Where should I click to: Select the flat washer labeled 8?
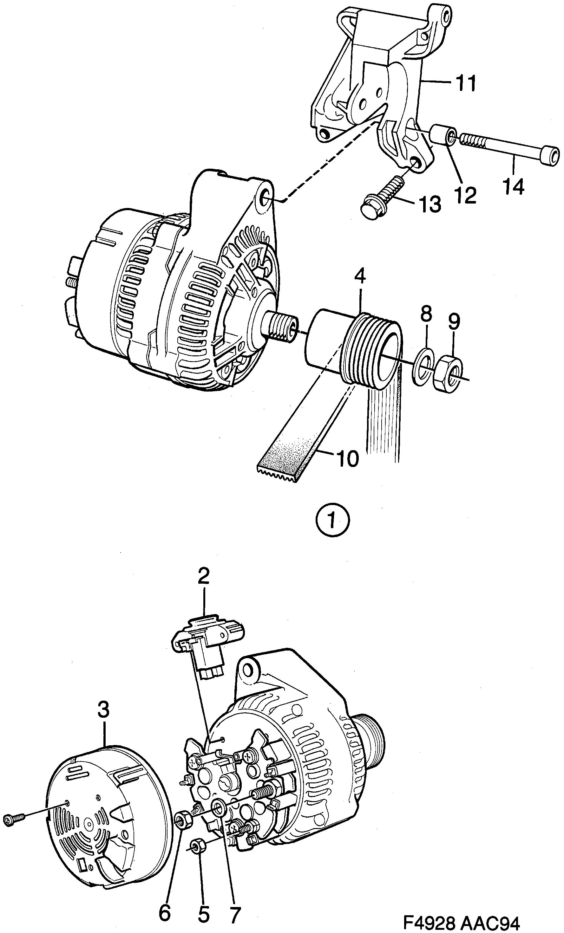(x=423, y=366)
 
